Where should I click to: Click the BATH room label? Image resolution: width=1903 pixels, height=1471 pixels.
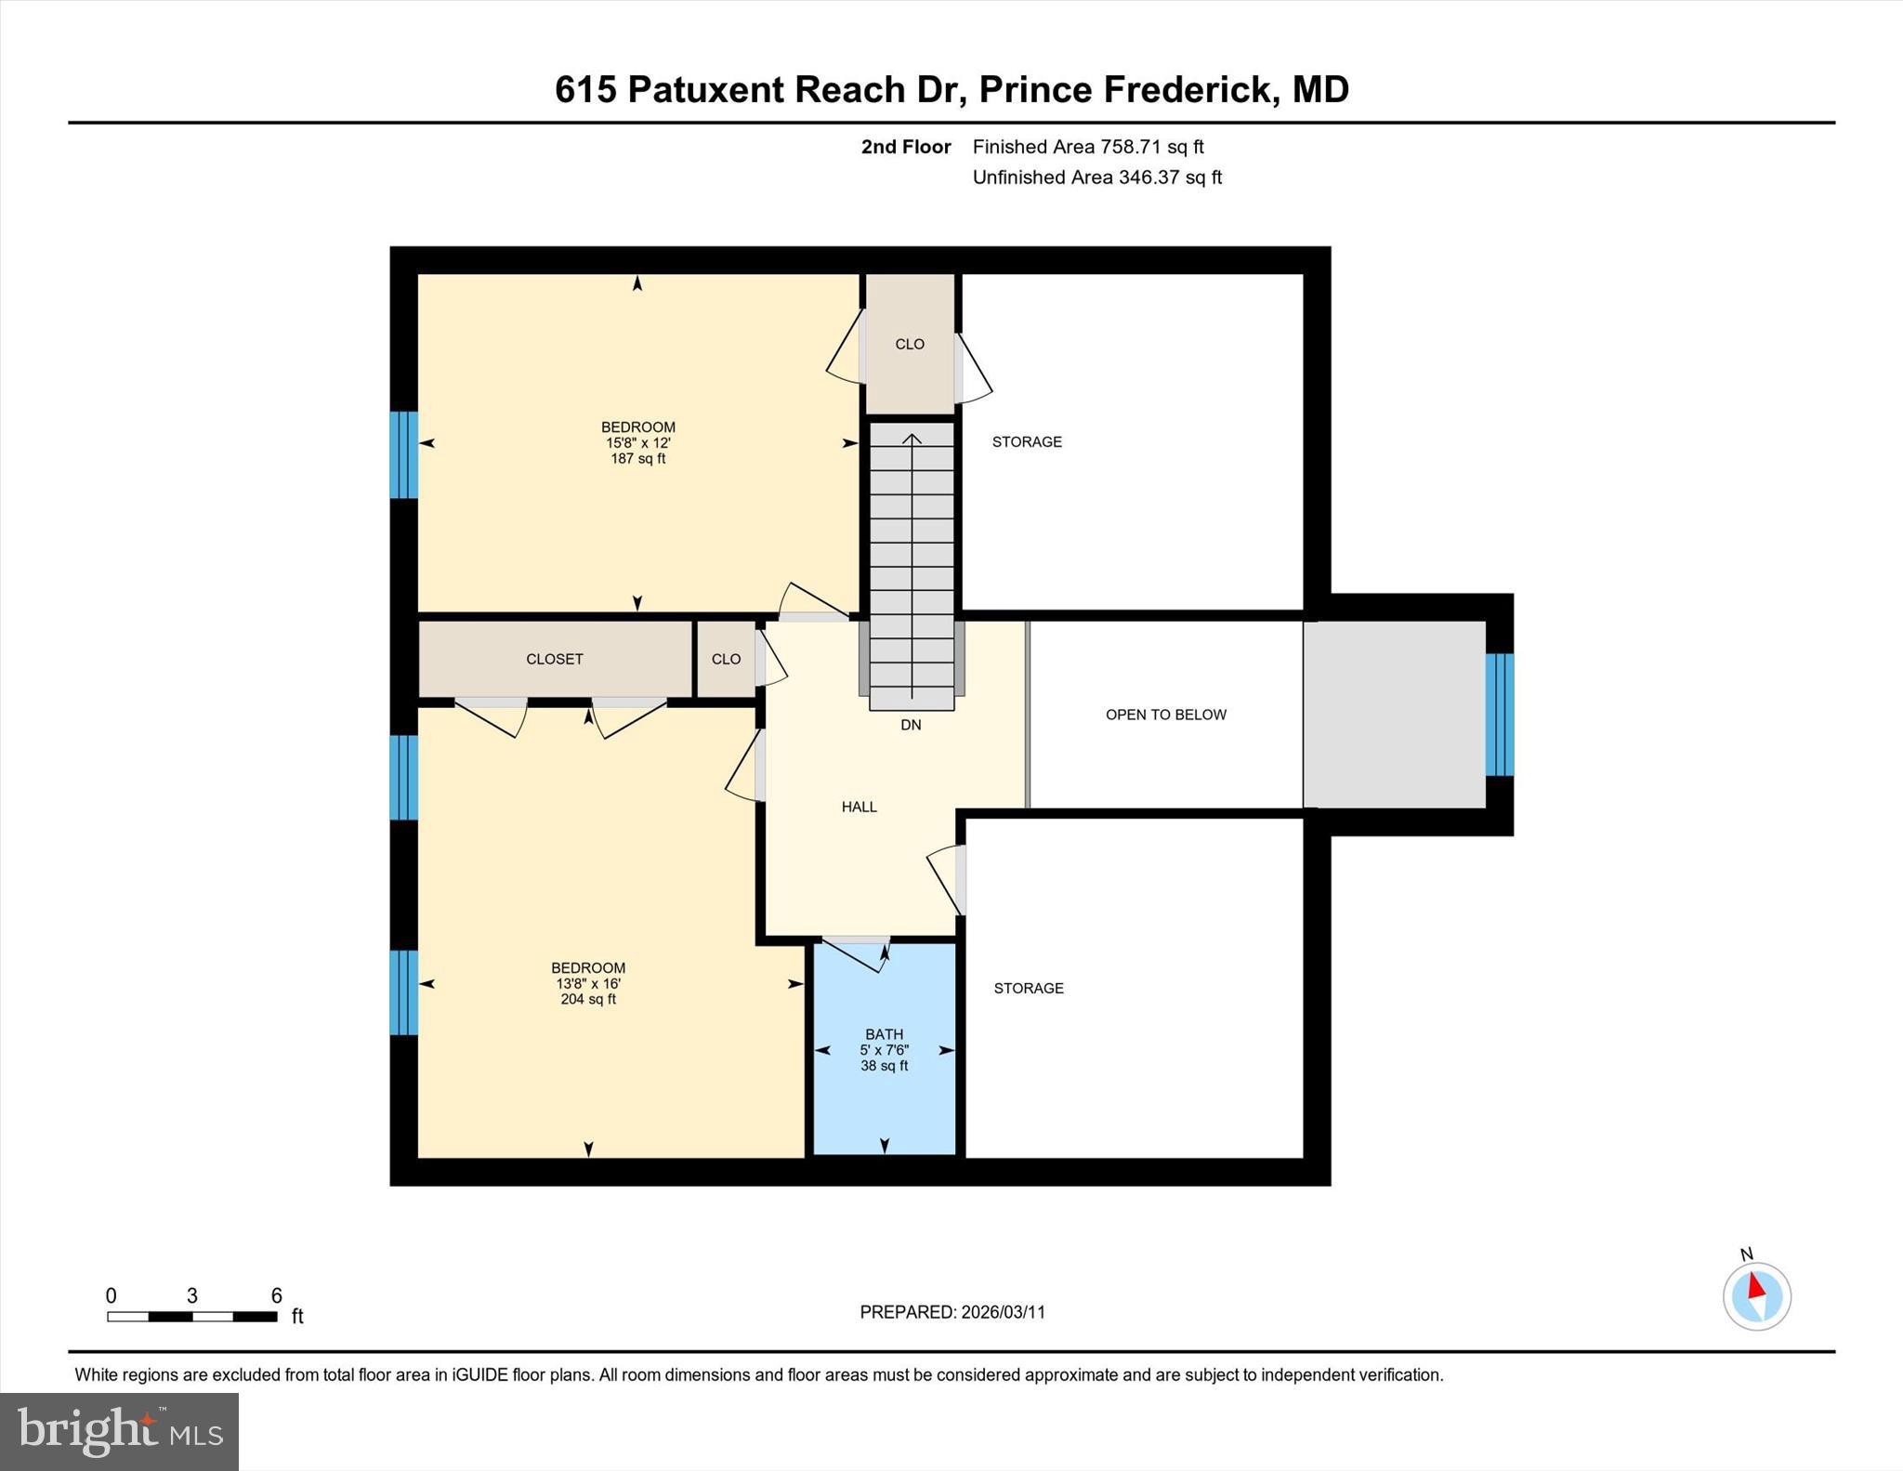pos(884,1033)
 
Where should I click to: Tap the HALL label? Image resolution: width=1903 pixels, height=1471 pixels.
pos(859,807)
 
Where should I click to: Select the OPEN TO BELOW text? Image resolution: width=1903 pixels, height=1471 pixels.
pos(1165,715)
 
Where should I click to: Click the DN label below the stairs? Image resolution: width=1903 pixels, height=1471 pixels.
pos(911,725)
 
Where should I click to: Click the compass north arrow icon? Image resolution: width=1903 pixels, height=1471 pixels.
pos(1756,1295)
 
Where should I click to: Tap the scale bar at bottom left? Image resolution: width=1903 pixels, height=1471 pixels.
pos(191,1316)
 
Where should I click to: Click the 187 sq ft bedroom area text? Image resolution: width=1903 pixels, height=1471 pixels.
pos(637,459)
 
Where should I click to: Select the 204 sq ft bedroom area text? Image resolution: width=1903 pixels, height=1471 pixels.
pos(588,1000)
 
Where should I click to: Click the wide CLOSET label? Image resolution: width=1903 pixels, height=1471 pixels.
pos(554,659)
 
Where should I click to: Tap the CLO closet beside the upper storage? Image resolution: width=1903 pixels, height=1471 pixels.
pos(910,344)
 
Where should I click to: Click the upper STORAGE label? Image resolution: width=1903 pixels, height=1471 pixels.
pos(1027,442)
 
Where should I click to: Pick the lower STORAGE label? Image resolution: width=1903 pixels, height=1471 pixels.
pos(1029,988)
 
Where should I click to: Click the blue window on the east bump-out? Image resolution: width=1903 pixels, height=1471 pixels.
pos(1499,715)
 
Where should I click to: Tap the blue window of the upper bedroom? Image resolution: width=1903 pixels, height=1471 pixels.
pos(403,454)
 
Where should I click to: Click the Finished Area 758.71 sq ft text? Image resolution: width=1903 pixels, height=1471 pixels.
pos(1087,147)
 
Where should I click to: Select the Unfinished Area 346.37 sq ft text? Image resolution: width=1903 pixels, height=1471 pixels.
pos(1096,177)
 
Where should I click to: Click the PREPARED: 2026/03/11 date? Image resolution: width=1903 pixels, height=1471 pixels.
pos(952,1312)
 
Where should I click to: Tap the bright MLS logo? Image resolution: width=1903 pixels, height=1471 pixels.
pos(119,1431)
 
